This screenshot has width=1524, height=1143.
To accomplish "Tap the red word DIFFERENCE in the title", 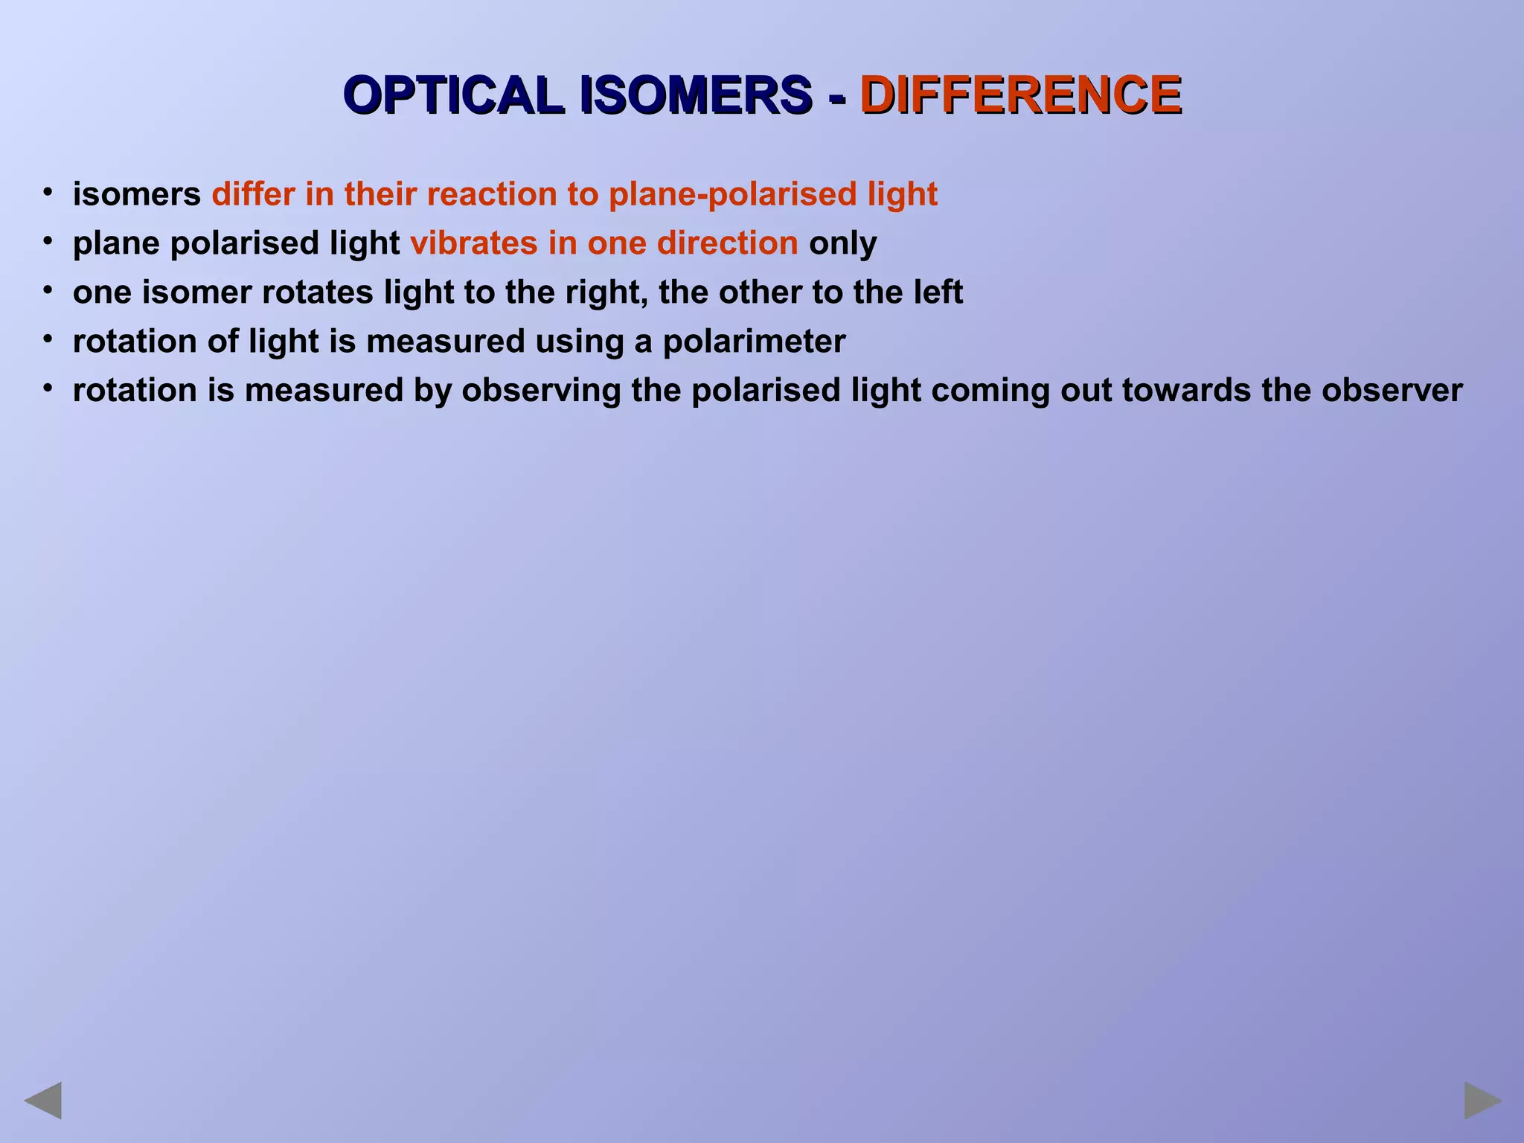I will click(x=1020, y=95).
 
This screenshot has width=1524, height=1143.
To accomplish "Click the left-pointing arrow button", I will click(x=43, y=1101).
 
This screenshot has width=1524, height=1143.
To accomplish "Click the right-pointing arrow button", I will click(x=1482, y=1101).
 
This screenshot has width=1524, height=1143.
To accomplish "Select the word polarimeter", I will click(x=754, y=342).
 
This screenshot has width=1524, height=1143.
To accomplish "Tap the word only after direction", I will click(x=842, y=244).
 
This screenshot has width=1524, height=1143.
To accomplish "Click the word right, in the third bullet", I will click(x=606, y=292).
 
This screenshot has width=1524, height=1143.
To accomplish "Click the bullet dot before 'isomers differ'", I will click(x=48, y=193).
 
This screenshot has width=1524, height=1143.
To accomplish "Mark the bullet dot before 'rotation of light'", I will click(x=48, y=340).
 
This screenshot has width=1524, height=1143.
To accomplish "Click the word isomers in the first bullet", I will click(x=136, y=195).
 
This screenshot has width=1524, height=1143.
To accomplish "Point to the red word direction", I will click(x=727, y=243).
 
